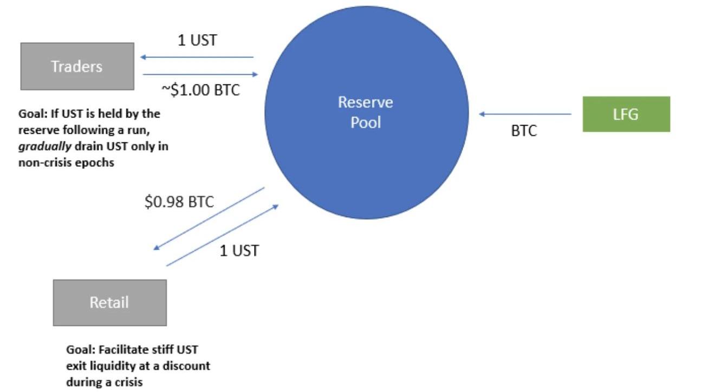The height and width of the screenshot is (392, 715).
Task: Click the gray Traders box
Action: coord(77,66)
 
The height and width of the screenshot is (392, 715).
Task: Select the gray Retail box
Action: coord(109,302)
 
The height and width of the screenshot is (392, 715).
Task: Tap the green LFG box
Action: coord(626,114)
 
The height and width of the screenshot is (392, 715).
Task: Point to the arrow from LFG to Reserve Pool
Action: coord(525,114)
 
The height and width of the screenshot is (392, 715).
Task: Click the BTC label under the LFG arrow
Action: coord(524,132)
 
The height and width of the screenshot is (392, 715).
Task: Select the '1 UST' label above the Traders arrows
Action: coord(197,41)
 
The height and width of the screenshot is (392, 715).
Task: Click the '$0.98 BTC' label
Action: coord(179,202)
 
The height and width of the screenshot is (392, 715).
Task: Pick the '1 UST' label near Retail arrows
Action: coord(239,251)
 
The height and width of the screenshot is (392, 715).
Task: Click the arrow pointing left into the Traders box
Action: coord(196,57)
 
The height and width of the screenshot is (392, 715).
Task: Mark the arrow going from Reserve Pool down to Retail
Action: coord(209,218)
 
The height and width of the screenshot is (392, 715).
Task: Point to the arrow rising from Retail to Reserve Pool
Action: coord(222,236)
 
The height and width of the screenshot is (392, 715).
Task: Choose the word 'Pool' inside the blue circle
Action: coord(366,122)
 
